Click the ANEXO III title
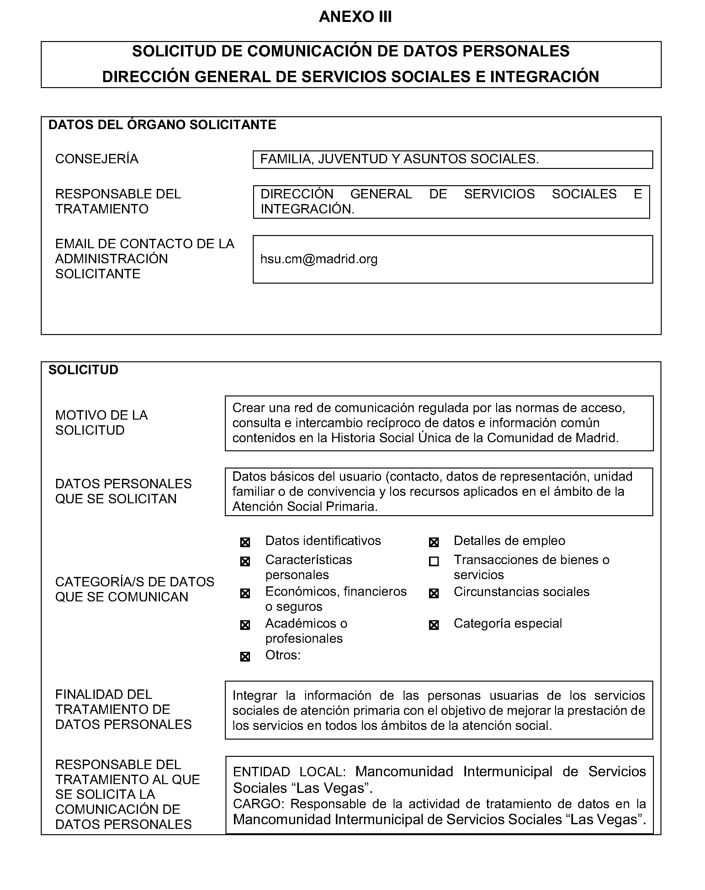[355, 17]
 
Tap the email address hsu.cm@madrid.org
[319, 259]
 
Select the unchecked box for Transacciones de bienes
[434, 561]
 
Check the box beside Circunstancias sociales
[434, 594]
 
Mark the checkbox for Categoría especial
[434, 625]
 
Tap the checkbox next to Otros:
[245, 657]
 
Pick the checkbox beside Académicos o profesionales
[245, 625]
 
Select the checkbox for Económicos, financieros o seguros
[245, 594]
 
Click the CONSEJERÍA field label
[97, 159]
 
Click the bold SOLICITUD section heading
[83, 370]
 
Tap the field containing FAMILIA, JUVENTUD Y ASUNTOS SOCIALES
[453, 160]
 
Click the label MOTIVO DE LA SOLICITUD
[102, 423]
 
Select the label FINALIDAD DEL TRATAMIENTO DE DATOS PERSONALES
[124, 709]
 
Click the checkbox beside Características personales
[245, 561]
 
